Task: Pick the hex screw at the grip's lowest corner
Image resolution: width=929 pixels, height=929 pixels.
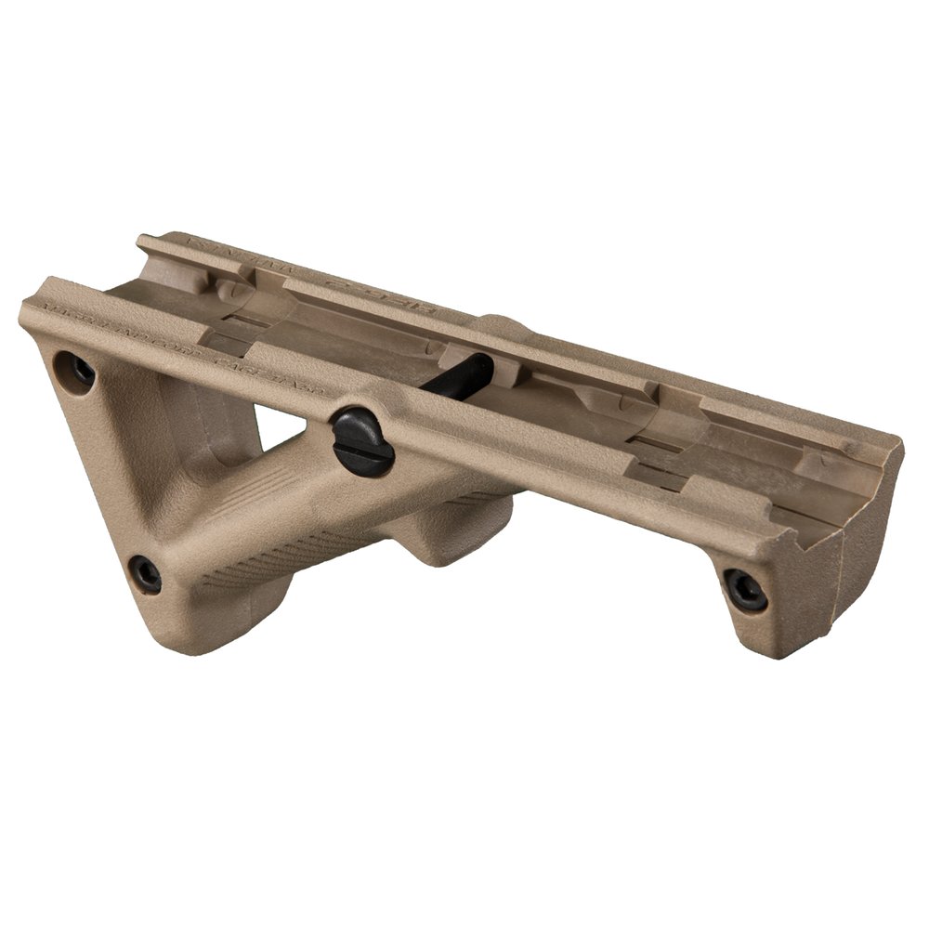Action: (x=145, y=573)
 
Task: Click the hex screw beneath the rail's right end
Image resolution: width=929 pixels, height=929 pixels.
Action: (x=745, y=590)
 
